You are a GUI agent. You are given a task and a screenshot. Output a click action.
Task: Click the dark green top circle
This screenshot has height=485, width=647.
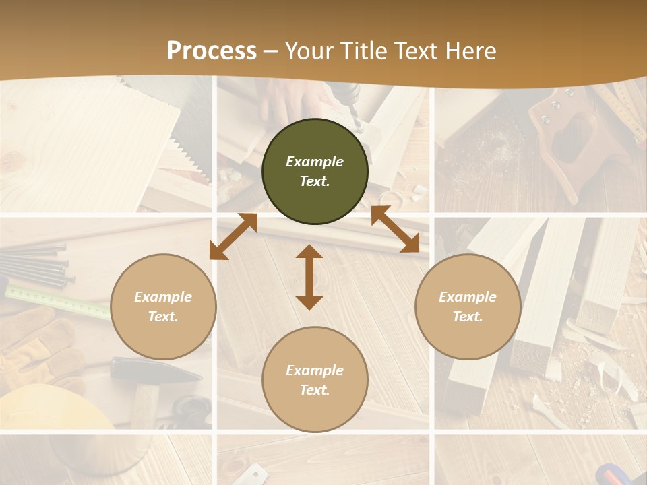pyautogui.click(x=315, y=172)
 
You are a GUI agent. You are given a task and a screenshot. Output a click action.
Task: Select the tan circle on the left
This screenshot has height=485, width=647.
pyautogui.click(x=163, y=306)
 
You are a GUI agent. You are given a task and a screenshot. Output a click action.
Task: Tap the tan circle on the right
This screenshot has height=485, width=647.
pyautogui.click(x=468, y=306)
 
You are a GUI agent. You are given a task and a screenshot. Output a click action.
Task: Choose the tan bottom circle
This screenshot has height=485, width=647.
pyautogui.click(x=315, y=380)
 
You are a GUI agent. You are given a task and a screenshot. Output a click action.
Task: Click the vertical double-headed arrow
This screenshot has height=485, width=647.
pyautogui.click(x=309, y=277)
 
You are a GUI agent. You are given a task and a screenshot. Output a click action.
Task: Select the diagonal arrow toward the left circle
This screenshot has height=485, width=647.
pyautogui.click(x=233, y=236)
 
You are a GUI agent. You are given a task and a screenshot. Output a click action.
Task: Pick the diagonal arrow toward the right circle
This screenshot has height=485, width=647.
pyautogui.click(x=396, y=230)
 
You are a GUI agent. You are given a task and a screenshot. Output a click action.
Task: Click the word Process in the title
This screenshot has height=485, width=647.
pyautogui.click(x=212, y=51)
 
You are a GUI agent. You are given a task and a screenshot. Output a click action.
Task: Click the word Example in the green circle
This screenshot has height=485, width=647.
pyautogui.click(x=315, y=162)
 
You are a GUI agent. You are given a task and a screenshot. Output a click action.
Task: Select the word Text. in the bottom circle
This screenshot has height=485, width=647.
pyautogui.click(x=315, y=390)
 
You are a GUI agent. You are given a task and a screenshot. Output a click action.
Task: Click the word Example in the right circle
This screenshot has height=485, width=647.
pyautogui.click(x=468, y=297)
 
